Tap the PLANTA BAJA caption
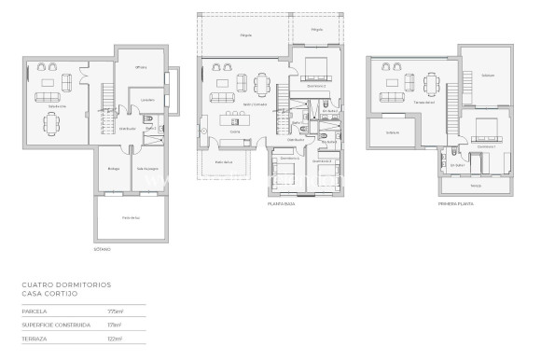(x=283, y=202)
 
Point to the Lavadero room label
(x=146, y=99)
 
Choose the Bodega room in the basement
(x=114, y=168)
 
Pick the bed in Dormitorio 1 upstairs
(x=485, y=130)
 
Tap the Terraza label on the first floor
(x=476, y=185)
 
